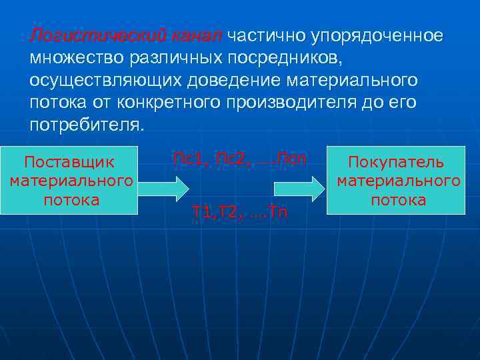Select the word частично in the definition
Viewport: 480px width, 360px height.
[264, 35]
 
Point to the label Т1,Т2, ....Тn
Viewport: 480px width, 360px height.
[239, 213]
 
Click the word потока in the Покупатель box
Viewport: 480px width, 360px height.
[398, 200]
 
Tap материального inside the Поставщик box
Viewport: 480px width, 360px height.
[71, 181]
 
